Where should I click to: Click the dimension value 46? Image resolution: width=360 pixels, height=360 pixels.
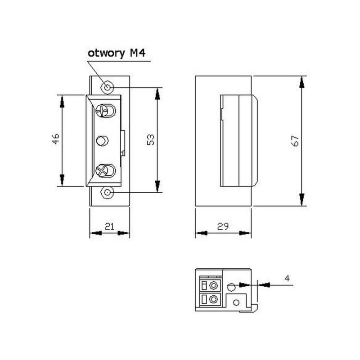[56, 139]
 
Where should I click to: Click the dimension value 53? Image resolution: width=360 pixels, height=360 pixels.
[151, 140]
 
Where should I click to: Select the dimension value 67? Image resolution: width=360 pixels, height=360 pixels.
[295, 141]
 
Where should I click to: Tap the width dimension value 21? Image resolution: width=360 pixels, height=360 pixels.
[110, 227]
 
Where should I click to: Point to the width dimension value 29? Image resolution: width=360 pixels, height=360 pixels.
[223, 227]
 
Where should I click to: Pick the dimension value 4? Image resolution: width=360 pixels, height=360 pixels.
[287, 278]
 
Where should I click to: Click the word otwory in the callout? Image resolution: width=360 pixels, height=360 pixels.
[106, 53]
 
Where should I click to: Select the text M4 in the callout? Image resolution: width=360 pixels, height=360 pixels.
[138, 53]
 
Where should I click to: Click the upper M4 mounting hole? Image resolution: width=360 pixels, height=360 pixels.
[108, 88]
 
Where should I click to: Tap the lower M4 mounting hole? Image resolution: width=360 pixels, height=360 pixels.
[108, 192]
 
